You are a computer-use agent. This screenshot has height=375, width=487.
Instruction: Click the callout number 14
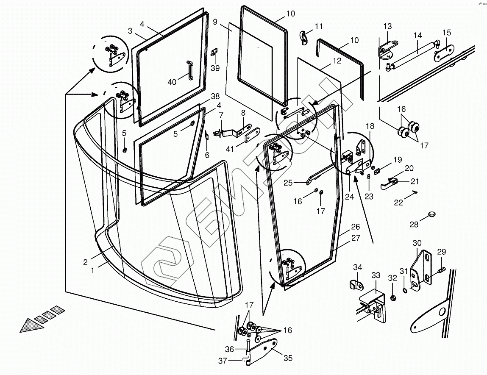point(418,36)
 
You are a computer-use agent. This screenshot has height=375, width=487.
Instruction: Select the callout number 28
point(414,225)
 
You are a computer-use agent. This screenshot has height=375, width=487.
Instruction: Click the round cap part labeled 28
point(431,214)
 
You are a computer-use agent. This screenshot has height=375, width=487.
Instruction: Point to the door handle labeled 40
point(189,70)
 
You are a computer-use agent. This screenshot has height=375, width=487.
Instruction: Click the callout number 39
point(215,68)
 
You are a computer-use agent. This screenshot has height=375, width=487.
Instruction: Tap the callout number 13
point(388,26)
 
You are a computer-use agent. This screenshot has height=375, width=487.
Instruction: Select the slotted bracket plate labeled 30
point(421,269)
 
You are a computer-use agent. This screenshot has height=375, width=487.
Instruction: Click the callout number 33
point(376,275)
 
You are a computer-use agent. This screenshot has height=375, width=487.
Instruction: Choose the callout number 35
point(288,358)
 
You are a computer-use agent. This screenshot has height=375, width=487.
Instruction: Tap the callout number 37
point(223,361)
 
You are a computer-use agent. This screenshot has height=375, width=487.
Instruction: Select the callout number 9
point(215,22)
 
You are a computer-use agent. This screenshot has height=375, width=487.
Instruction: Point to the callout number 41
point(230,149)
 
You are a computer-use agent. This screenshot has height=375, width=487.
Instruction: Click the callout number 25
point(288,183)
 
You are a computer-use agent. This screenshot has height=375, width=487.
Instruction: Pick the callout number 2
point(86,262)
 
